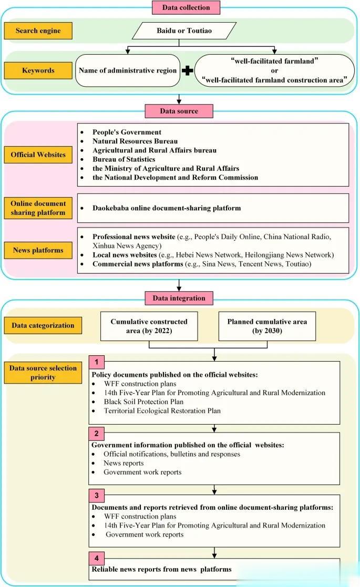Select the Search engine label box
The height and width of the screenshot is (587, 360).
(38, 31)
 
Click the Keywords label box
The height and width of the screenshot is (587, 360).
(38, 70)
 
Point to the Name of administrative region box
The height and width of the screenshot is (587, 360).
(128, 70)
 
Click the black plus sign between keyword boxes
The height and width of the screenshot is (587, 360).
(187, 70)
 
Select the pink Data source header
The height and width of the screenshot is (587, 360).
(179, 111)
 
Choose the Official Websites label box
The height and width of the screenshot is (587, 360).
(38, 155)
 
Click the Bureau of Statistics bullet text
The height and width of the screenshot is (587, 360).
(124, 159)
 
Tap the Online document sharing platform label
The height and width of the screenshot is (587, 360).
(38, 208)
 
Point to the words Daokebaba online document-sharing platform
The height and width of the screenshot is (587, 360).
(167, 208)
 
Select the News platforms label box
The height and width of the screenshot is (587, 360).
(38, 250)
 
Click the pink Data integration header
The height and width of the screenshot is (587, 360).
(179, 298)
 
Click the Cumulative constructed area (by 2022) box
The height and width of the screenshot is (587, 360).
(149, 326)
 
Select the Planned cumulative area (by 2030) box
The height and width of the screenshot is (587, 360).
(267, 326)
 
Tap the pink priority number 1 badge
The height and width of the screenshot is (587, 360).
(96, 362)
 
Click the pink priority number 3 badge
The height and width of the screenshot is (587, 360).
(96, 496)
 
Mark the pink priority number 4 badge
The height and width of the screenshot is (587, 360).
(96, 558)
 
